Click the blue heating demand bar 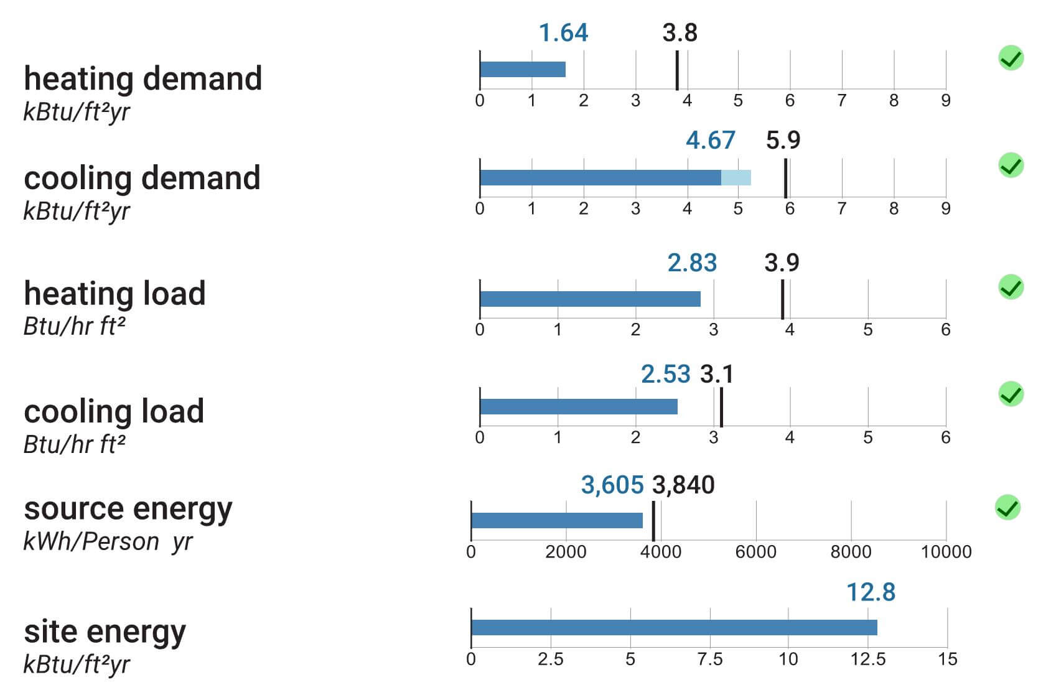point(523,70)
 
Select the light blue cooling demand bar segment point(736,178)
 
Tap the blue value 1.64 point(563,33)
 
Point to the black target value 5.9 point(783,140)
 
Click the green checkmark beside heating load point(1011,287)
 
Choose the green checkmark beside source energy point(1007,508)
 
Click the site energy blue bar point(675,627)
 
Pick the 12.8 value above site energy point(871,592)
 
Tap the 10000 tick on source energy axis point(946,552)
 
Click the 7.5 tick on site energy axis point(710,660)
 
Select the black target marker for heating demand point(677,70)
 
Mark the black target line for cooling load point(721,407)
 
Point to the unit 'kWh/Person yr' point(108,542)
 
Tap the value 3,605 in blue point(612,485)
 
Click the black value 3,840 point(684,485)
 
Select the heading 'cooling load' point(114,411)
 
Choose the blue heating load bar point(591,299)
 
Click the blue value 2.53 point(666,375)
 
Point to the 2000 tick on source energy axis point(566,552)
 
